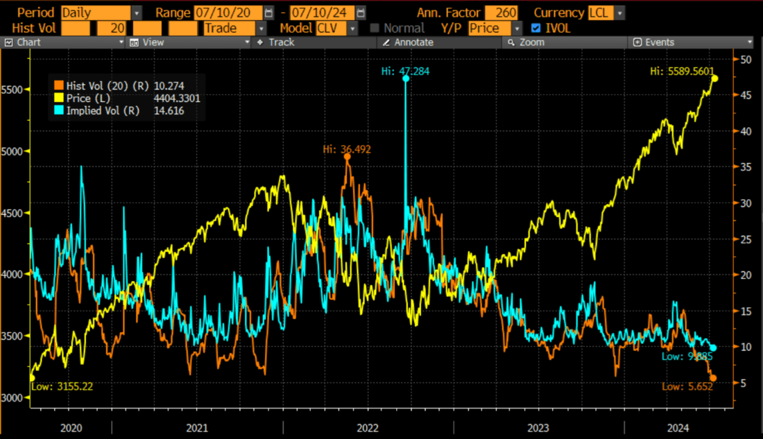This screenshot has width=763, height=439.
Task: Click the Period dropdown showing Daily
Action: pos(101,12)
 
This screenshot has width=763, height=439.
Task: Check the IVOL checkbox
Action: pos(535,28)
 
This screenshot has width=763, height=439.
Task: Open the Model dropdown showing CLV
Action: pos(337,28)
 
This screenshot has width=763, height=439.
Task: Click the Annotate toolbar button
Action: pos(413,42)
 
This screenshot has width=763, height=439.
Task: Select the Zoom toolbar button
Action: pos(531,42)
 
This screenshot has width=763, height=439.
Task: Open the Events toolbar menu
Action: pos(659,42)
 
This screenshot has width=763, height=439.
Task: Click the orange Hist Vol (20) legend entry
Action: pos(104,86)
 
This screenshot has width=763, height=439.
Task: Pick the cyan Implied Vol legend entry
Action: pos(103,110)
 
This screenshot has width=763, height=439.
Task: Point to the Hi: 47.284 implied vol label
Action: pos(405,71)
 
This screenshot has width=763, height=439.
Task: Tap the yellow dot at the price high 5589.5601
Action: pos(714,78)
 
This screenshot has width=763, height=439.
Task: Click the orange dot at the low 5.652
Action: pos(713,378)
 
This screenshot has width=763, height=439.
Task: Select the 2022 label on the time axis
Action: pos(368,428)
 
